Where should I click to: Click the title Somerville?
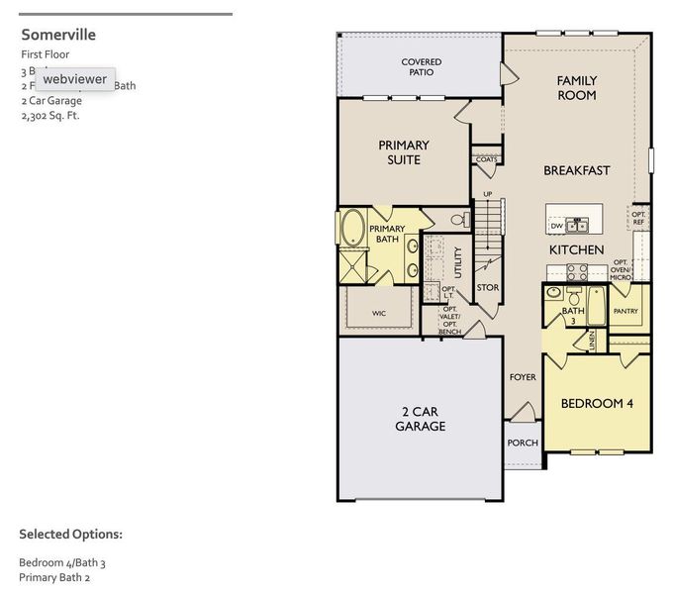pyautogui.click(x=58, y=35)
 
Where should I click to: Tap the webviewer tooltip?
pyautogui.click(x=74, y=79)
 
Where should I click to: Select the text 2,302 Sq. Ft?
pyautogui.click(x=49, y=115)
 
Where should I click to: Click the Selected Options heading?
pyautogui.click(x=70, y=535)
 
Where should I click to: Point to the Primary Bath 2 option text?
pyautogui.click(x=54, y=577)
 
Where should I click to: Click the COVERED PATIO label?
pyautogui.click(x=421, y=67)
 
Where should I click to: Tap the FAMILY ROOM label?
pyautogui.click(x=576, y=88)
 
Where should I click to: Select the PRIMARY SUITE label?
pyautogui.click(x=404, y=152)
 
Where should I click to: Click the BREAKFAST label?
pyautogui.click(x=576, y=170)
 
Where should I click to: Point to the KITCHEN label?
pyautogui.click(x=576, y=250)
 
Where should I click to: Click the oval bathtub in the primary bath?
pyautogui.click(x=352, y=228)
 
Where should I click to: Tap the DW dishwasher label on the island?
pyautogui.click(x=557, y=226)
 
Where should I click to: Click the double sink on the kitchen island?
pyautogui.click(x=583, y=224)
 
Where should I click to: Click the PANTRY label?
pyautogui.click(x=626, y=311)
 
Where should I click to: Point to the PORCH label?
pyautogui.click(x=522, y=443)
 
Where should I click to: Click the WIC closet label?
pyautogui.click(x=378, y=313)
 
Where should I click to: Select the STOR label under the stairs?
pyautogui.click(x=487, y=288)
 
